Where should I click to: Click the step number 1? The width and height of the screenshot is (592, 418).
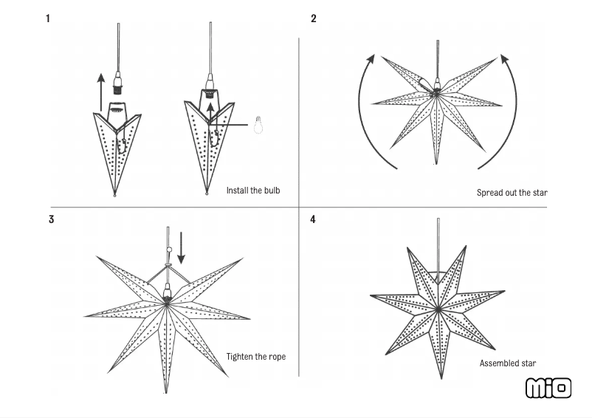(48, 18)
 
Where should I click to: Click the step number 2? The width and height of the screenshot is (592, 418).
(314, 18)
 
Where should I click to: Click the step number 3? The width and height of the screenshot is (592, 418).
(51, 219)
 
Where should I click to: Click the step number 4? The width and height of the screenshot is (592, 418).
(313, 219)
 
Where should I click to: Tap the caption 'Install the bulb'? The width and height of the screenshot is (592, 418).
(253, 191)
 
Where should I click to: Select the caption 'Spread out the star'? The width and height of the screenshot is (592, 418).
(512, 193)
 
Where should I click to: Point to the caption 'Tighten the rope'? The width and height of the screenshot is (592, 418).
(255, 357)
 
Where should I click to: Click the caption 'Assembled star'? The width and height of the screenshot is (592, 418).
(508, 363)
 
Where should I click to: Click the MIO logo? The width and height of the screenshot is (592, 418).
(548, 388)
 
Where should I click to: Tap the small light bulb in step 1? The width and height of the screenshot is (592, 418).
(258, 125)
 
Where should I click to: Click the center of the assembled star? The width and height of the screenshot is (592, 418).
(439, 306)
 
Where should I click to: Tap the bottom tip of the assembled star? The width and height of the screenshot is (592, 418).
(441, 377)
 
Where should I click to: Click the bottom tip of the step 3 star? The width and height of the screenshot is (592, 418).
(166, 391)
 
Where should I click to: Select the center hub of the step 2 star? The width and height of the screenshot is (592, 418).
(436, 92)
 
